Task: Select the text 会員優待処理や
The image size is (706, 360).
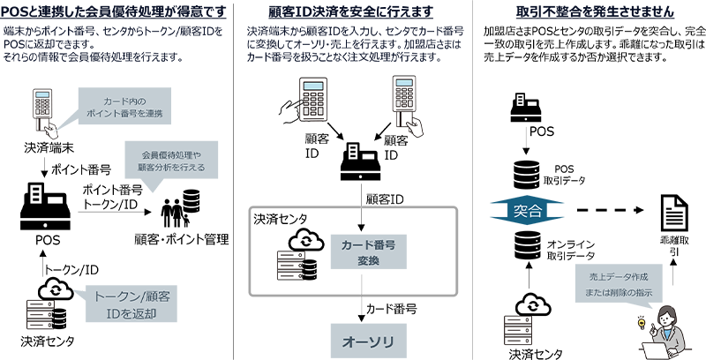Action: pos(171,155)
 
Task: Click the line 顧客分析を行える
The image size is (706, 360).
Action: pos(171,168)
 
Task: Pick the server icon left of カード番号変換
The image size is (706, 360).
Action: pos(291,266)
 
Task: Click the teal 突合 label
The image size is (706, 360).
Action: pos(527,212)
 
